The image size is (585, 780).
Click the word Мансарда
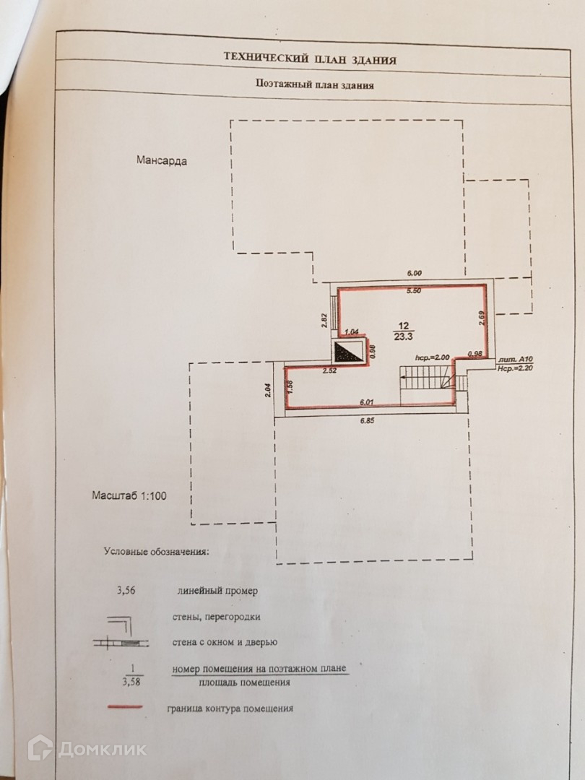pos(162,160)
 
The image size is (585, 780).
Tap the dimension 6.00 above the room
pos(413,273)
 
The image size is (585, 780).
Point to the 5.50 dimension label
pos(413,290)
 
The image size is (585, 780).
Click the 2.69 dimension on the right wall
pos(481,316)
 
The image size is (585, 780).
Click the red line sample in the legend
pos(124,708)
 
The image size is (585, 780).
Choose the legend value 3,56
pos(127,590)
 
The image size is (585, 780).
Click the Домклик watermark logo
pos(87,748)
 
